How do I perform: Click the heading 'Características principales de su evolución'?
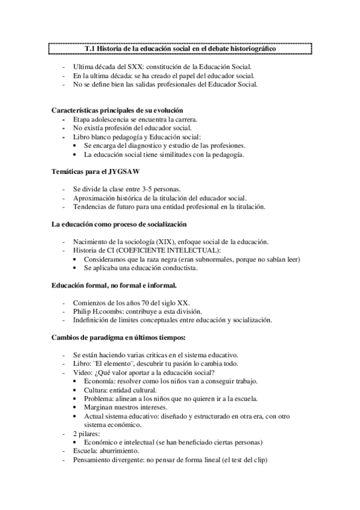click(118, 111)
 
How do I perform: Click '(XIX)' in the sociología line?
click(171, 242)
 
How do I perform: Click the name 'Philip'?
click(83, 312)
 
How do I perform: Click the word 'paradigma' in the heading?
click(105, 337)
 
